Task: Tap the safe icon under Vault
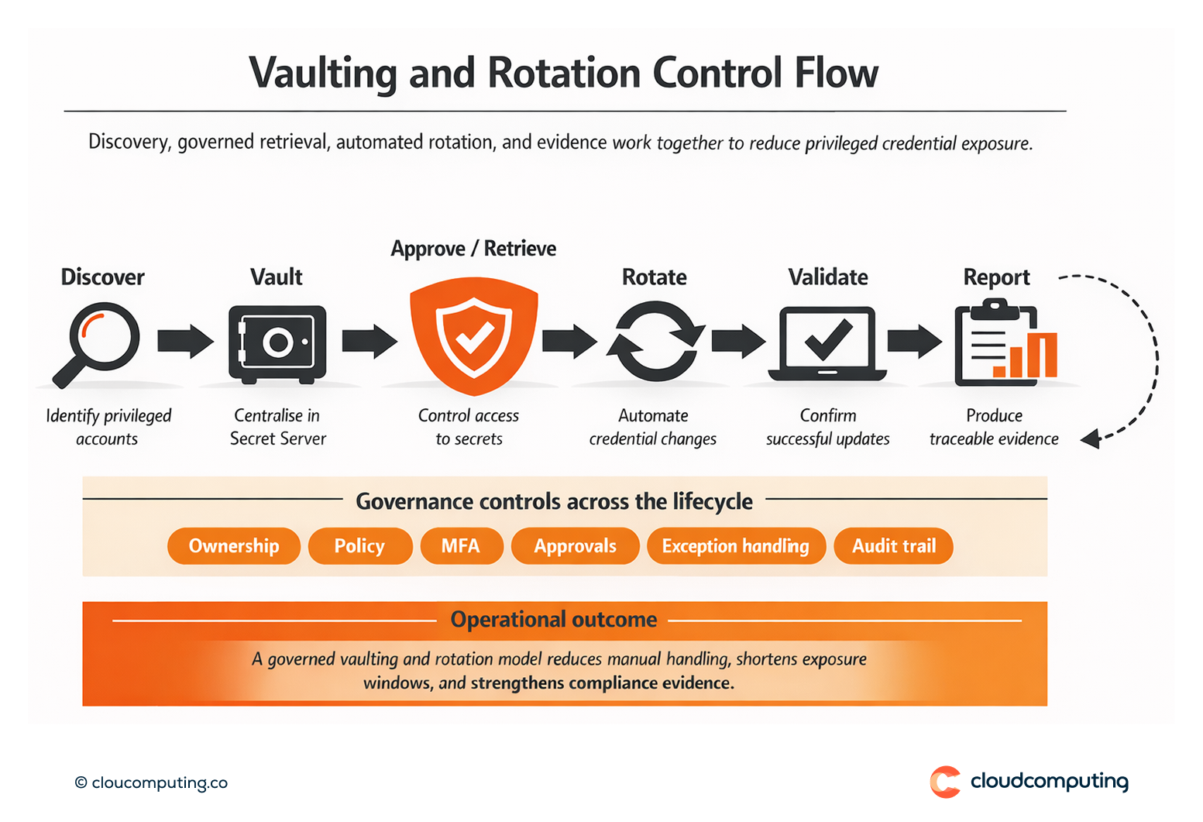277,344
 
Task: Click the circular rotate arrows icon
655,342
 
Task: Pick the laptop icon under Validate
827,344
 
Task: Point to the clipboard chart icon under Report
1005,343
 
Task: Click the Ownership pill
234,546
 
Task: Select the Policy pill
359,546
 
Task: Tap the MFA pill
461,546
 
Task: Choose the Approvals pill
575,546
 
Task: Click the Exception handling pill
735,546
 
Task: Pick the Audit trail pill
893,546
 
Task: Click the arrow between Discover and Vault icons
185,341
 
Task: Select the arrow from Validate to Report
914,341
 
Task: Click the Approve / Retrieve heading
473,249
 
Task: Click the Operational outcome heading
554,620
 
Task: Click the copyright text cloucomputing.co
152,782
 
